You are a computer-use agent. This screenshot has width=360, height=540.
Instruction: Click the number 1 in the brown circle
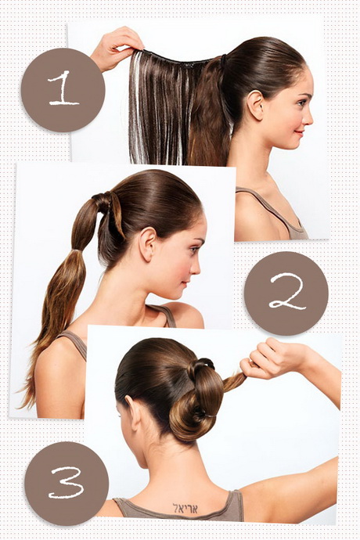pos(63,88)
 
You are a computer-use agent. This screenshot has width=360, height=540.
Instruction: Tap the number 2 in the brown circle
pos(286,291)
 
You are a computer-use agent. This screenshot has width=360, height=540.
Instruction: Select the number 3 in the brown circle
pos(67,483)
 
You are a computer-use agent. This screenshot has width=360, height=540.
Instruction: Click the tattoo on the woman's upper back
pos(185,509)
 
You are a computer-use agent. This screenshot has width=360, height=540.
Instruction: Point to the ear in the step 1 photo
pos(256,105)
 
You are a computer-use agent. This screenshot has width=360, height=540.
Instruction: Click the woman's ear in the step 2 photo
pos(148,243)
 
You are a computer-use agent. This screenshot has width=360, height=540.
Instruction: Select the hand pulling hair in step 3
pos(272,359)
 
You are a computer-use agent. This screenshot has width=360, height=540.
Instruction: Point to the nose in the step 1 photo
pos(308,117)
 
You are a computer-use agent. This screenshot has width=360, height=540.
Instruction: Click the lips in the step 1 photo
pos(300,133)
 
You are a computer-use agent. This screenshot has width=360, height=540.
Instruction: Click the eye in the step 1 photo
pos(301,103)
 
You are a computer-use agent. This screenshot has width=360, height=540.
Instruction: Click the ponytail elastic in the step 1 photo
pos(224,61)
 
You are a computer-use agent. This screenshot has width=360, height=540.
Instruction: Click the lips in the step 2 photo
pos(185,284)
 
